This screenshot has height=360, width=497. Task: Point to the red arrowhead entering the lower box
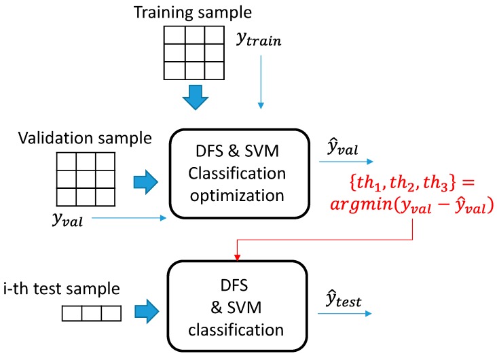coord(238,256)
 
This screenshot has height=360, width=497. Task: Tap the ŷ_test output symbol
coord(339,293)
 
